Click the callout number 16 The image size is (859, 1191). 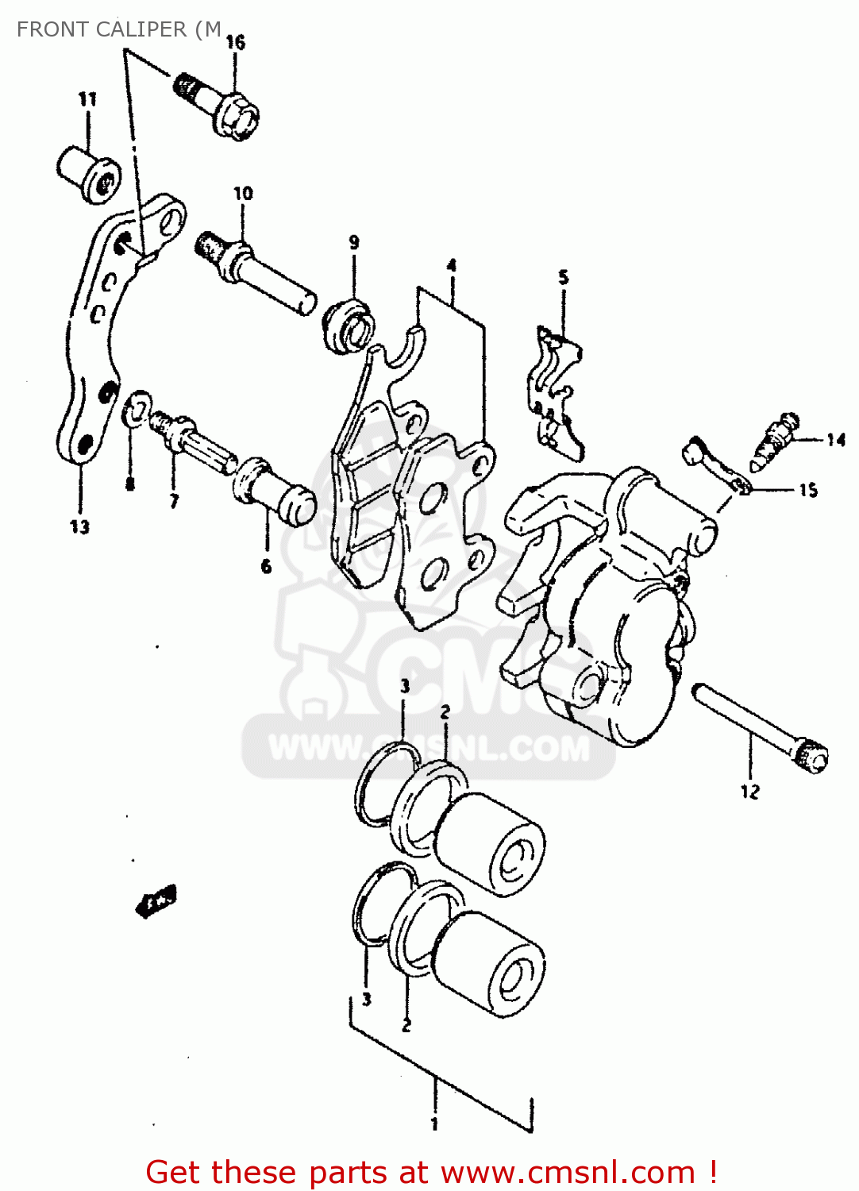pos(236,42)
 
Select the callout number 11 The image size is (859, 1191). pos(87,99)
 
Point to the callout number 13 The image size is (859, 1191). pos(79,526)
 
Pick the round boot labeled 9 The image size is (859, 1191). pos(350,325)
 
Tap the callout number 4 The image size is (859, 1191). pos(451,265)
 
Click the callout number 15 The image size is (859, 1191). pos(807,490)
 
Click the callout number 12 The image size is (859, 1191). pos(749,791)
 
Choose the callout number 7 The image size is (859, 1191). pos(173,500)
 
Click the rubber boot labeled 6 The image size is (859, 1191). pos(274,491)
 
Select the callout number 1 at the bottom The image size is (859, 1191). pos(434,1124)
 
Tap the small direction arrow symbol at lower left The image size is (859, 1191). pos(156,901)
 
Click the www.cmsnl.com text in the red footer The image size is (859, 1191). pos(568,1172)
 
